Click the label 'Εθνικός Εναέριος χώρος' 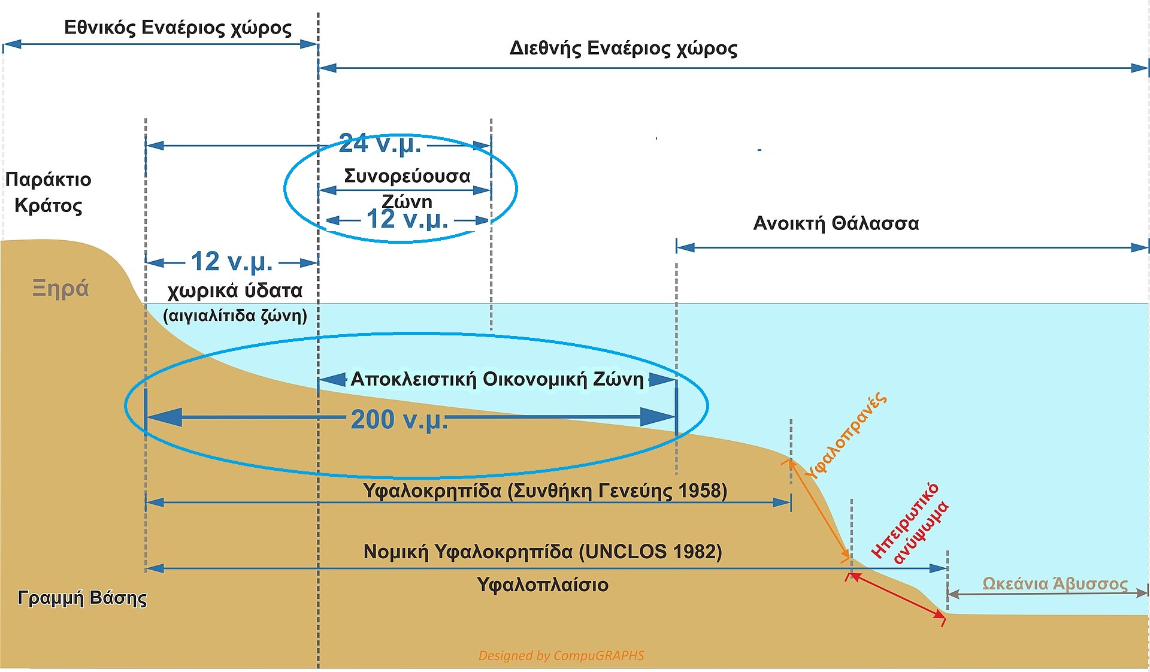click(178, 28)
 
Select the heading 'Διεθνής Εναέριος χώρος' click(624, 48)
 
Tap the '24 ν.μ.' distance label click(380, 144)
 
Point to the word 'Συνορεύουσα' click(407, 176)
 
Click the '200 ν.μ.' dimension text click(399, 419)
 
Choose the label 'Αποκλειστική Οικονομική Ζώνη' click(497, 379)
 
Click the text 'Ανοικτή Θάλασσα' click(836, 223)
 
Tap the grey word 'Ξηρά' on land click(60, 289)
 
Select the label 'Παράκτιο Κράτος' click(49, 192)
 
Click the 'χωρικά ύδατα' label click(235, 291)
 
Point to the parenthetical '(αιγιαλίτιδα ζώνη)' click(235, 316)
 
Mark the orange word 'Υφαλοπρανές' click(845, 435)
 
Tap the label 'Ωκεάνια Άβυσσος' click(1055, 584)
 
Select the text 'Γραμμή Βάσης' click(83, 598)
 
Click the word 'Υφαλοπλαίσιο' click(543, 585)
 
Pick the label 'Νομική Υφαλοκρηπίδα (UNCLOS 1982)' click(543, 552)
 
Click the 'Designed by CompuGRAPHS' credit click(561, 656)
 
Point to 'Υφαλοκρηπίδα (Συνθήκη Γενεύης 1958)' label click(545, 491)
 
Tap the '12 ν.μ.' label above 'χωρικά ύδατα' click(232, 262)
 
